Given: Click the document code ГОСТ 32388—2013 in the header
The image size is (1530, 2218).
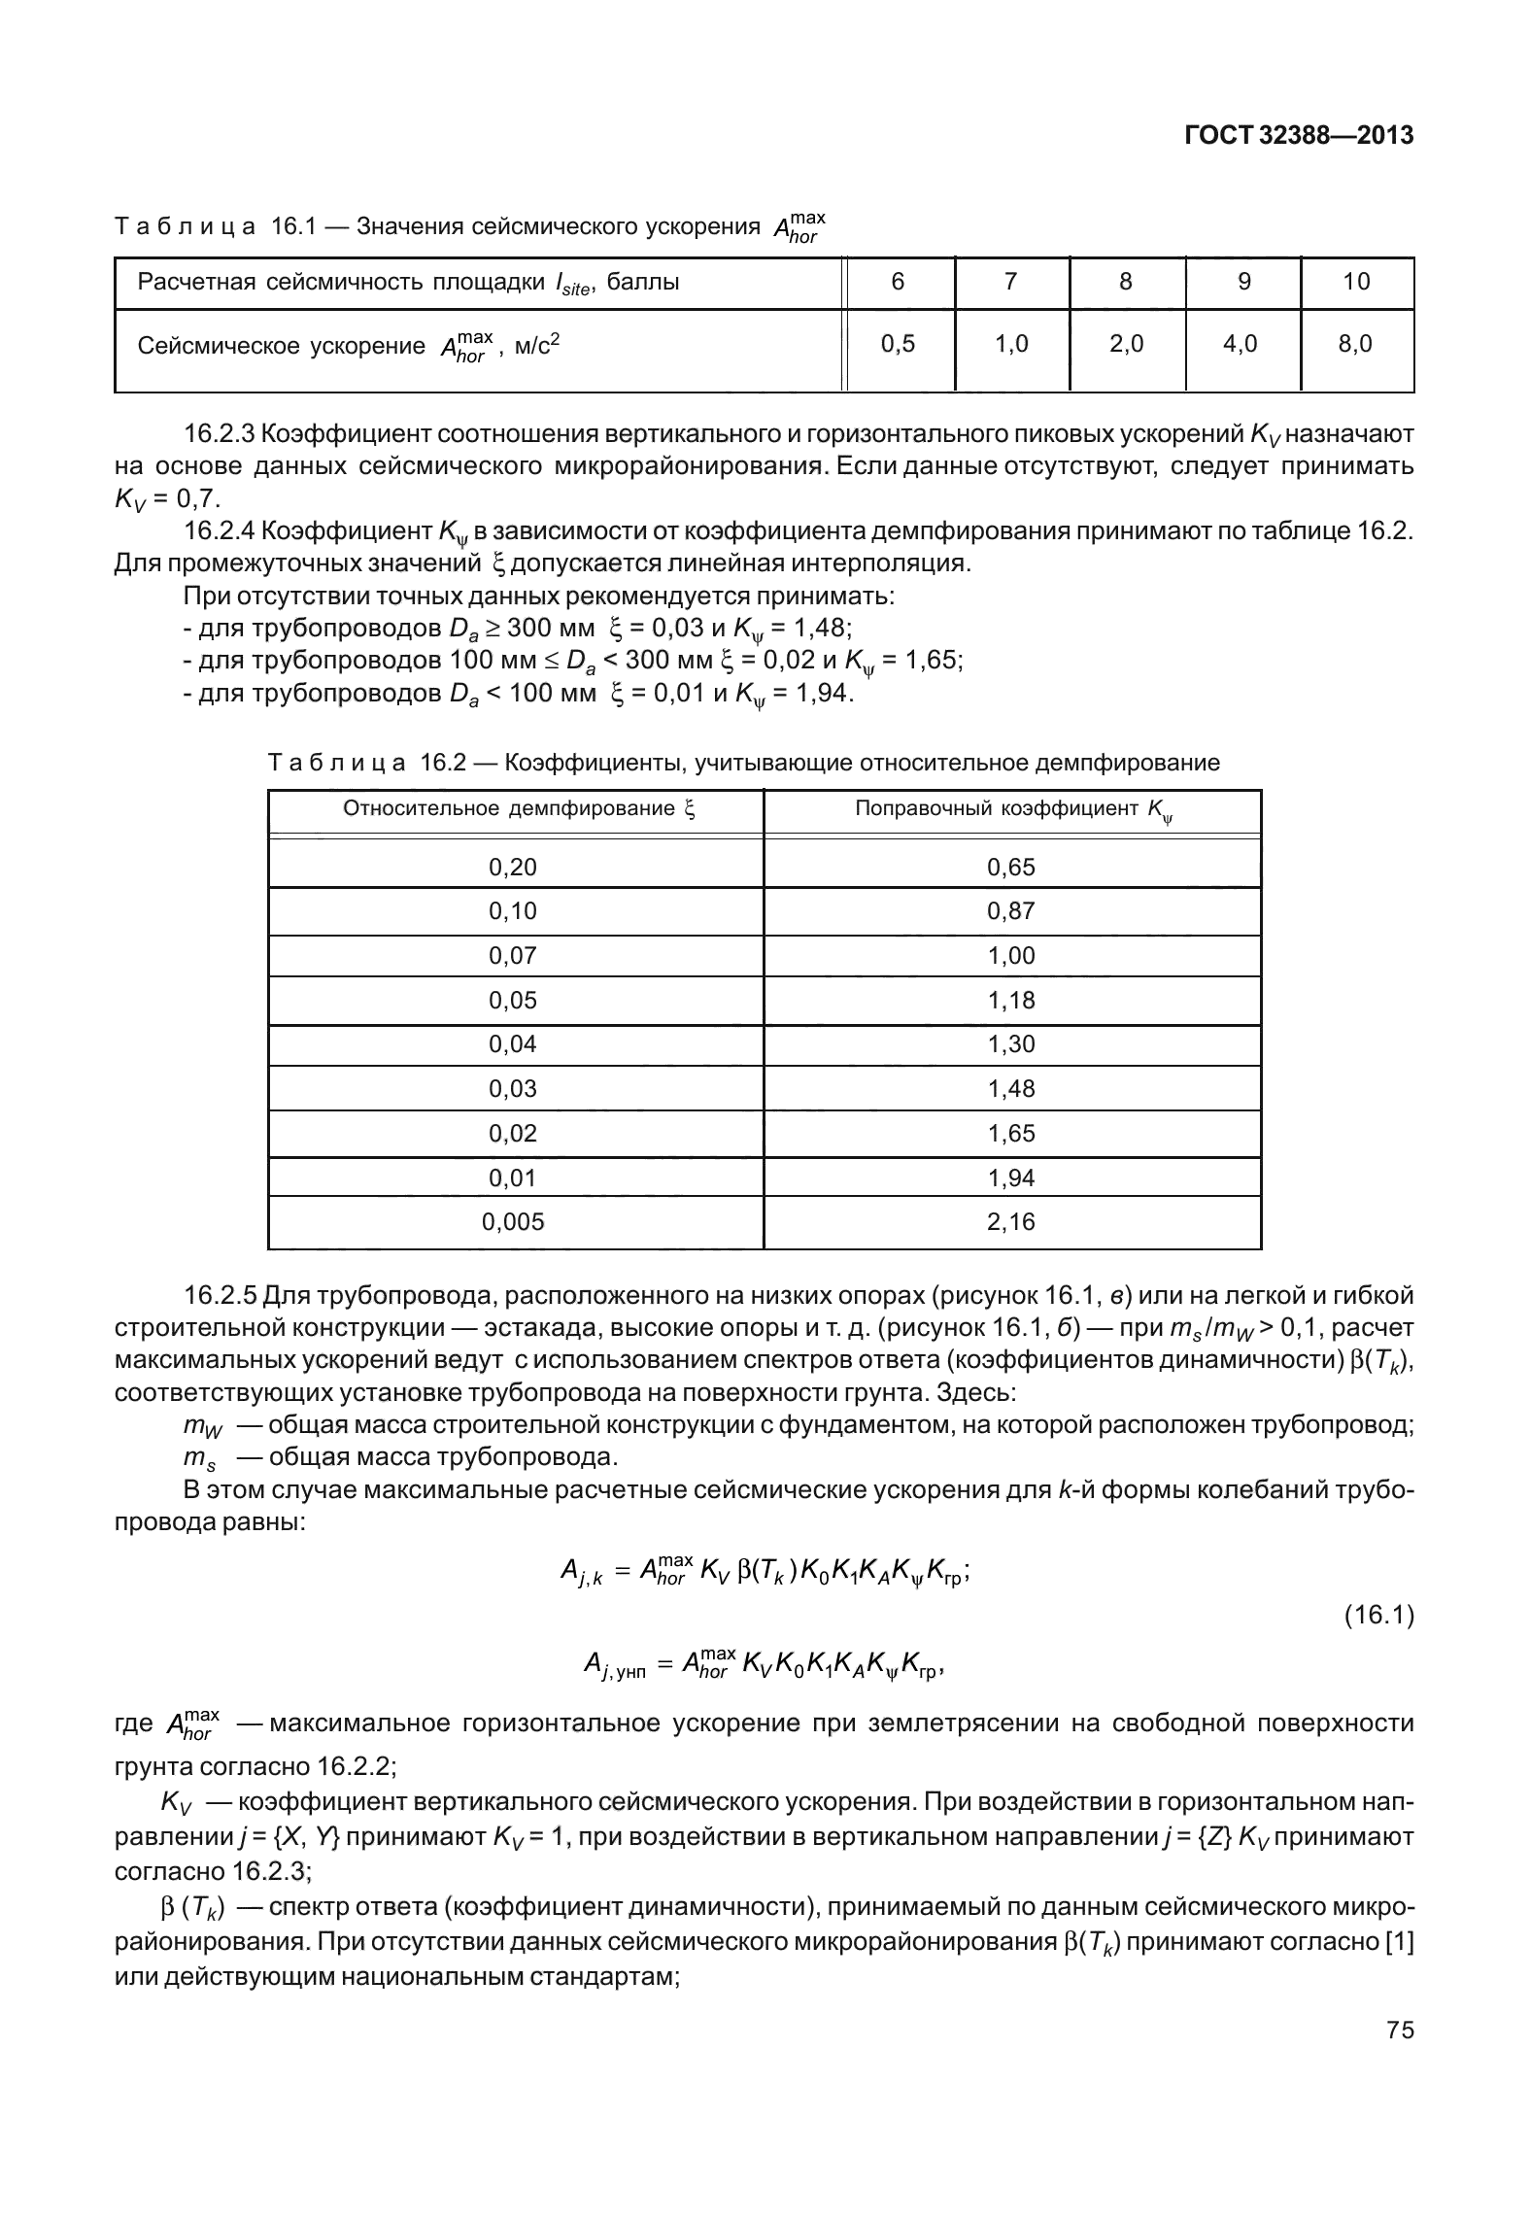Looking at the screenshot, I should pyautogui.click(x=1299, y=136).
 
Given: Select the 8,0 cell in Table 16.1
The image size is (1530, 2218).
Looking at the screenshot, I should pyautogui.click(x=1355, y=343).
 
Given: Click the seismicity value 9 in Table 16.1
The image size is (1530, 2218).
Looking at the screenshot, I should pyautogui.click(x=1243, y=282).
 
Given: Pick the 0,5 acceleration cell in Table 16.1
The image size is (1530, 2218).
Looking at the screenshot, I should pyautogui.click(x=898, y=343).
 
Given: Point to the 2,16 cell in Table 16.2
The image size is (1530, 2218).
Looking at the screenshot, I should pyautogui.click(x=1011, y=1222).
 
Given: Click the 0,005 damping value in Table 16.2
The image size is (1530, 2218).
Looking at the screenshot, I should pyautogui.click(x=513, y=1222).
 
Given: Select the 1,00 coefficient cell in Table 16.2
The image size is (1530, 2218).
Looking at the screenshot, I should pyautogui.click(x=1011, y=956).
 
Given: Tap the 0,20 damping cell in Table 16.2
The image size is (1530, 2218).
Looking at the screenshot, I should pyautogui.click(x=513, y=868).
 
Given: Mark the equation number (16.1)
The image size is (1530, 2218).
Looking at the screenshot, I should pyautogui.click(x=1378, y=1616).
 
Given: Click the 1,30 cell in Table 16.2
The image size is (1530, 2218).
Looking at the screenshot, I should pyautogui.click(x=1011, y=1044).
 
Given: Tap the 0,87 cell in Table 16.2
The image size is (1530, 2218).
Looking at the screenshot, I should pyautogui.click(x=1011, y=911).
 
